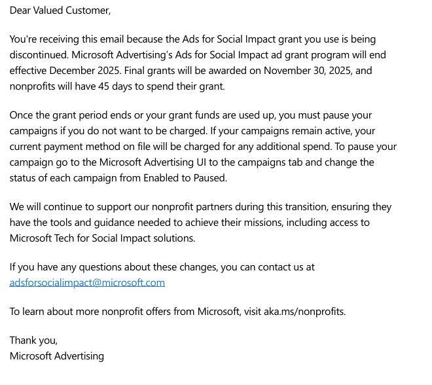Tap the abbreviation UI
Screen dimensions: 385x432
click(211, 162)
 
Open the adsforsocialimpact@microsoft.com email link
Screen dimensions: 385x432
click(87, 283)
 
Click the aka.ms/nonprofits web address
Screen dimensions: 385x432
click(304, 311)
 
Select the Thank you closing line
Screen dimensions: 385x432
click(34, 340)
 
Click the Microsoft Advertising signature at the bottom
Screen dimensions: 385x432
click(57, 356)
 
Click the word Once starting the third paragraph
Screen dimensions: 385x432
click(22, 115)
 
